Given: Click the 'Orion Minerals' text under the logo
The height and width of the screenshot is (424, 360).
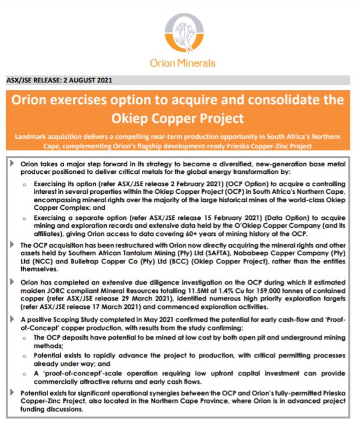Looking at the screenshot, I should tap(180, 63).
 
